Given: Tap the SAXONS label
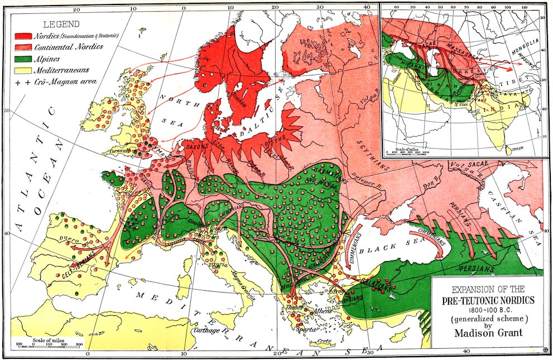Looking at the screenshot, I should point(196,145).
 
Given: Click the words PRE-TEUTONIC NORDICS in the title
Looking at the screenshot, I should point(488,300).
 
